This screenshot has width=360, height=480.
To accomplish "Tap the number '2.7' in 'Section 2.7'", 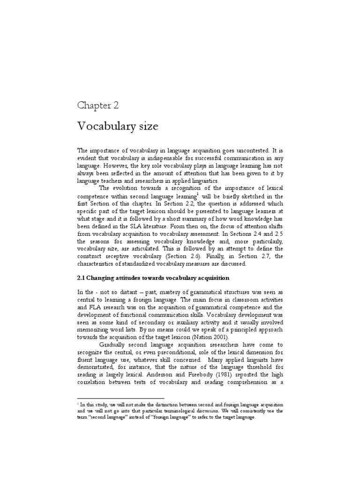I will point(255,257).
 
